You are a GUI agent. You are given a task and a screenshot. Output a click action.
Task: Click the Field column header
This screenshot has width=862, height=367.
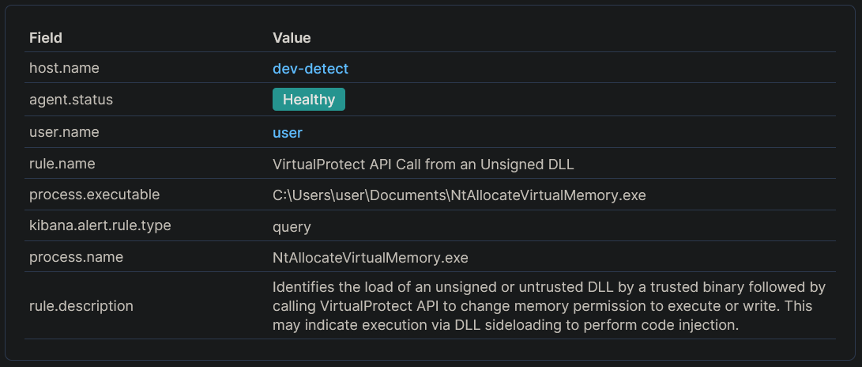[46, 37]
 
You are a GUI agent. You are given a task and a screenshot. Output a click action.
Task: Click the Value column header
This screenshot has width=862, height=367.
[292, 37]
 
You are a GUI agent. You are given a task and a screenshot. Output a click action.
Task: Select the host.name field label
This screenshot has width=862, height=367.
[64, 68]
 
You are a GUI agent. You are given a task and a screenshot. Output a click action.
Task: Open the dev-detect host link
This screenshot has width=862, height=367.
[311, 69]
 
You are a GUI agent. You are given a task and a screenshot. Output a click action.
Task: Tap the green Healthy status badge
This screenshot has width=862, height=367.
[309, 100]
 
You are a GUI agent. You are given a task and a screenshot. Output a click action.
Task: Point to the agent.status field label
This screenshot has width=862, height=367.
[70, 100]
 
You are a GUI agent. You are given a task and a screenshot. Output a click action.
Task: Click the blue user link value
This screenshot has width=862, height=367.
[288, 132]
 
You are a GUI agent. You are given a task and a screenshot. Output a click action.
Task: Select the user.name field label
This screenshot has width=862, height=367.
[64, 131]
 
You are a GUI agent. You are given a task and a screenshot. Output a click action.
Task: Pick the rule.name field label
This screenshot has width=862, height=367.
[62, 163]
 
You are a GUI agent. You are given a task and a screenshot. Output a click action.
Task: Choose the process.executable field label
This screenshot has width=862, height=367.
[94, 195]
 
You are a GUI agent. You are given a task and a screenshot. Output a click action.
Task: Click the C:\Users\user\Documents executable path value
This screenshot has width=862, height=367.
[459, 195]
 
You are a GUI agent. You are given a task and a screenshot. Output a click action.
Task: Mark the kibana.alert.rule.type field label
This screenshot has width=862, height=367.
[100, 225]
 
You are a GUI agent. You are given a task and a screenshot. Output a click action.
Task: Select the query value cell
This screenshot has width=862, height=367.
[292, 227]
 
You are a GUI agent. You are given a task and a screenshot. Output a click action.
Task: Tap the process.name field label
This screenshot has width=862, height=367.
[76, 257]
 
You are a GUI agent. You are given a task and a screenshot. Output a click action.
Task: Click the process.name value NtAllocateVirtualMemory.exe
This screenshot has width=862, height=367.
[371, 258]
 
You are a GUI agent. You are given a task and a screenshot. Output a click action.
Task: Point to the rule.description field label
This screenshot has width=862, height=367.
[81, 305]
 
